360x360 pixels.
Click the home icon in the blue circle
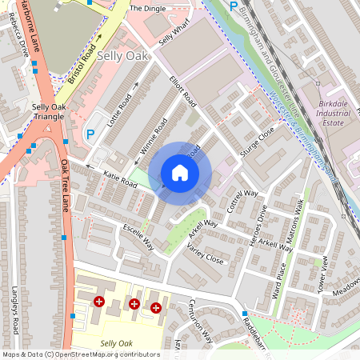[179, 173]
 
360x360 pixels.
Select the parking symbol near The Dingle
[234, 6]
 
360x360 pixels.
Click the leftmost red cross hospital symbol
[99, 302]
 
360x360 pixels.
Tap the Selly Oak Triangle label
[49, 111]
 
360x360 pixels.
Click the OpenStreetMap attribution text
[81, 354]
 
